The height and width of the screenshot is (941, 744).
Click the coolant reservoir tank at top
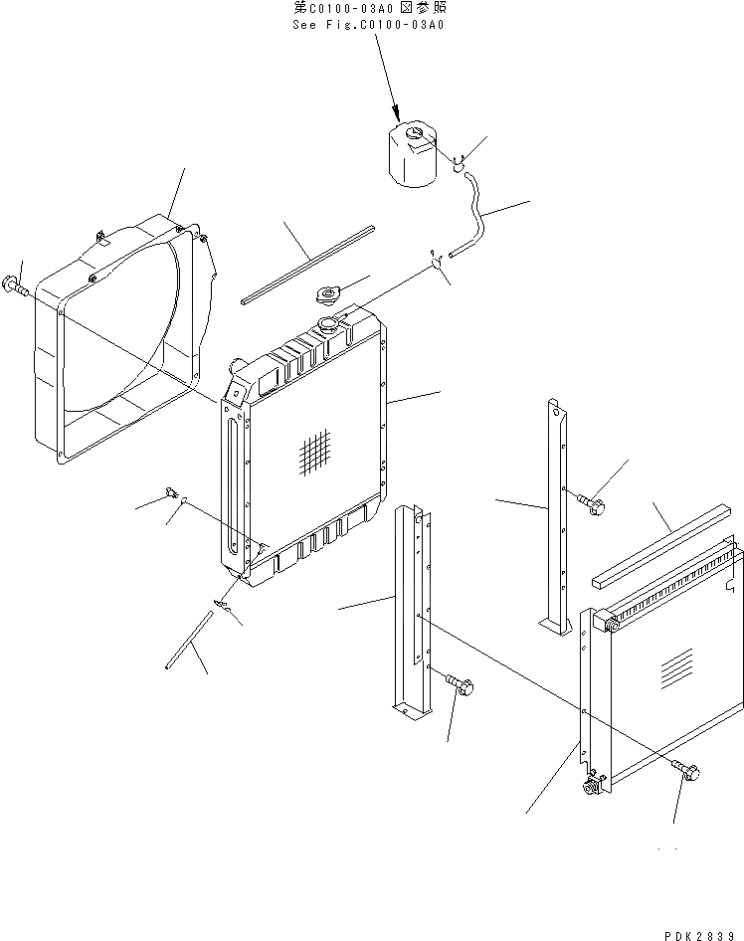point(409,157)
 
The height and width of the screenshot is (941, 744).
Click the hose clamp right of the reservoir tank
point(460,163)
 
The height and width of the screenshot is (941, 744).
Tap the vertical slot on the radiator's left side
point(232,481)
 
